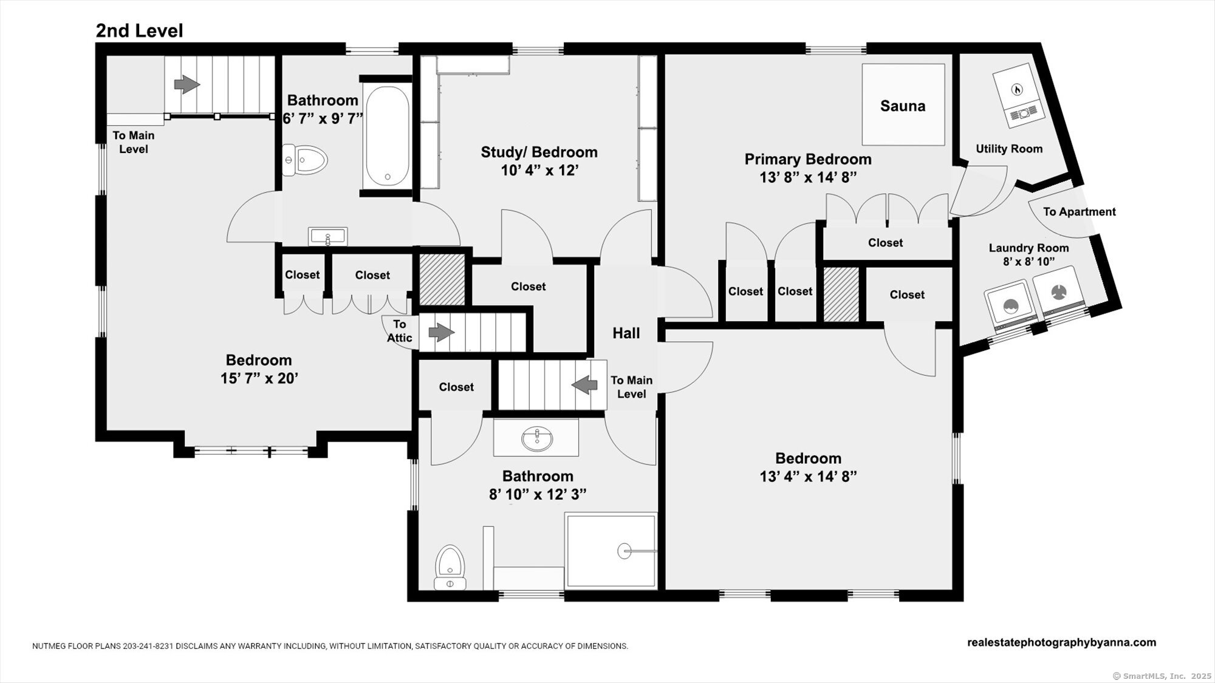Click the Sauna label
click(x=903, y=106)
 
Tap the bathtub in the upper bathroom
click(x=387, y=135)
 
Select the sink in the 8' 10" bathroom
click(x=537, y=438)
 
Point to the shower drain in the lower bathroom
click(x=625, y=551)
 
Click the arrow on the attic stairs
click(x=442, y=332)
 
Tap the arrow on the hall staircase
click(x=584, y=384)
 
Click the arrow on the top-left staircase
click(x=187, y=84)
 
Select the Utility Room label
click(x=1009, y=149)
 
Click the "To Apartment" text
click(x=1080, y=212)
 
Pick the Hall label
click(x=626, y=333)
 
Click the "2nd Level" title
click(x=139, y=31)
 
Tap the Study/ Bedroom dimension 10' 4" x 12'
click(x=539, y=171)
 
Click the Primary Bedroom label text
click(x=808, y=159)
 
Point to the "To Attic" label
click(x=400, y=331)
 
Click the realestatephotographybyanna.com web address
click(x=1062, y=642)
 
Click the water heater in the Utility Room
click(x=1018, y=100)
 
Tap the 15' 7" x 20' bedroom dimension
click(x=259, y=378)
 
